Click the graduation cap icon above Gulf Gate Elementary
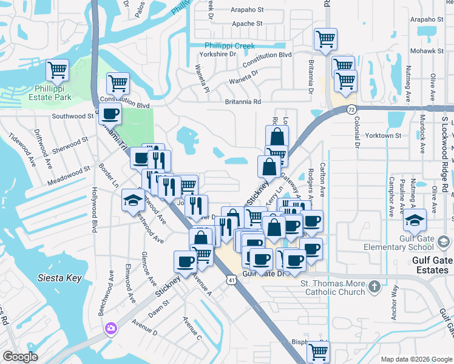click(x=416, y=221)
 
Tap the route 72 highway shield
click(x=352, y=109)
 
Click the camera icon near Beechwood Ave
click(x=111, y=329)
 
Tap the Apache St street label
click(x=247, y=24)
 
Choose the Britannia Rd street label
click(x=243, y=102)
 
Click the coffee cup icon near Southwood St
click(x=110, y=113)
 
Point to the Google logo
click(x=20, y=357)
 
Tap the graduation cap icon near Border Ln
click(x=134, y=201)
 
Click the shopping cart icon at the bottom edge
click(x=318, y=351)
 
